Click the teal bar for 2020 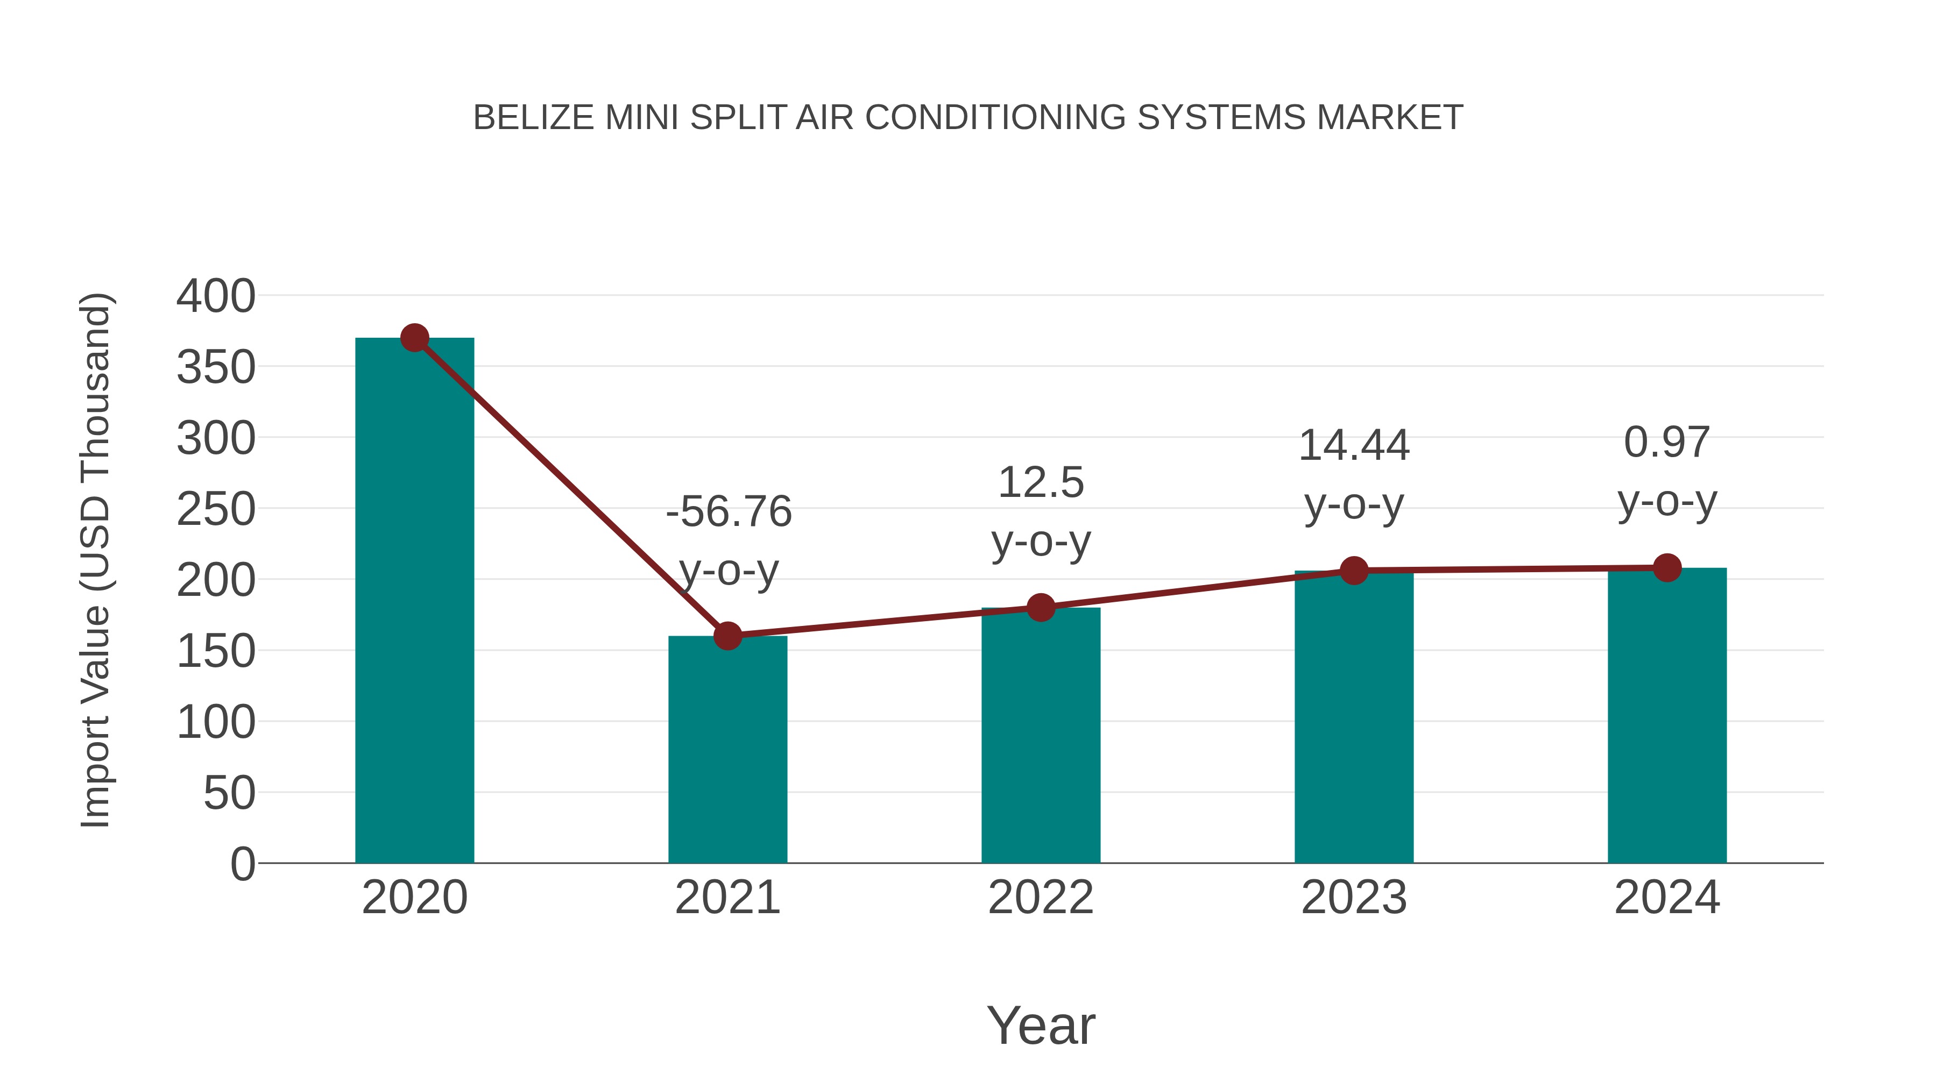(x=414, y=601)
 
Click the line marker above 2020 (x=414, y=338)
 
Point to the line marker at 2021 (x=727, y=636)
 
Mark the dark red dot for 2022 (x=1041, y=607)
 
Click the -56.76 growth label (x=729, y=512)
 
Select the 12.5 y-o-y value (x=1041, y=482)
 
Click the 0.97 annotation (x=1667, y=442)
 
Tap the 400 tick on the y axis (x=216, y=296)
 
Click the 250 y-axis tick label (x=216, y=510)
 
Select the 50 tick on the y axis (x=229, y=793)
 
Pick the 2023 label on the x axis (x=1354, y=898)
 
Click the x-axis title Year (x=1041, y=1025)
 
